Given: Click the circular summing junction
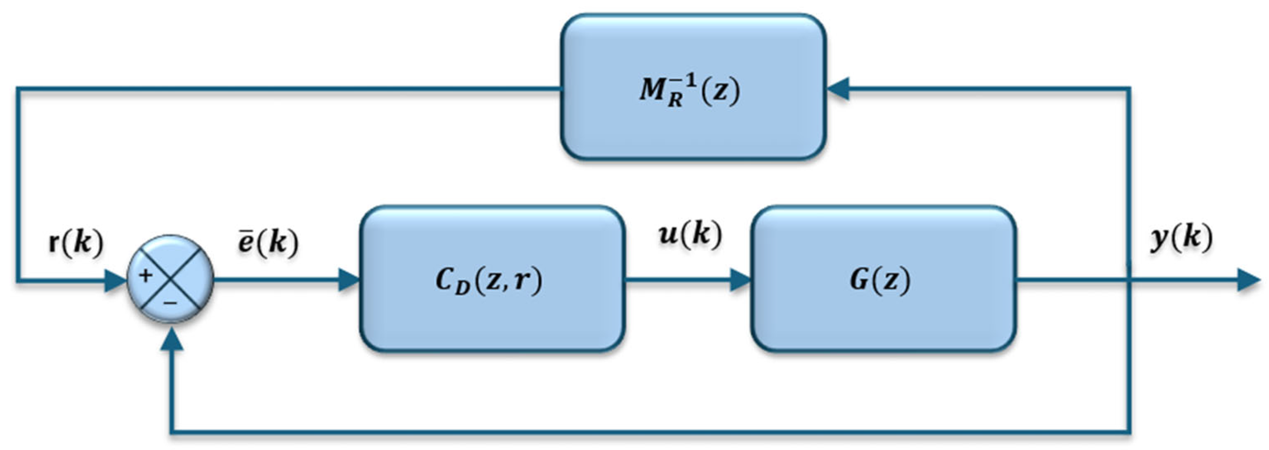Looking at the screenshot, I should click(x=171, y=279).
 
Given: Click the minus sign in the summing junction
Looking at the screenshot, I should click(x=171, y=303).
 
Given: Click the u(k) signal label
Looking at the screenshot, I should click(x=690, y=234).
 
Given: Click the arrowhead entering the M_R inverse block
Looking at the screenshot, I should click(x=837, y=89).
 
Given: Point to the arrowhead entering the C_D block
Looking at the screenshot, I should click(x=349, y=279).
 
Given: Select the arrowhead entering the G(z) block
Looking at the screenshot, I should click(x=740, y=279).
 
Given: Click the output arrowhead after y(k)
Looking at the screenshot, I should click(x=1248, y=280).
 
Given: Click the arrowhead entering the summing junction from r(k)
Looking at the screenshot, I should click(x=116, y=280).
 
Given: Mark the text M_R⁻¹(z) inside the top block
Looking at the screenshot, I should click(x=690, y=91).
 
